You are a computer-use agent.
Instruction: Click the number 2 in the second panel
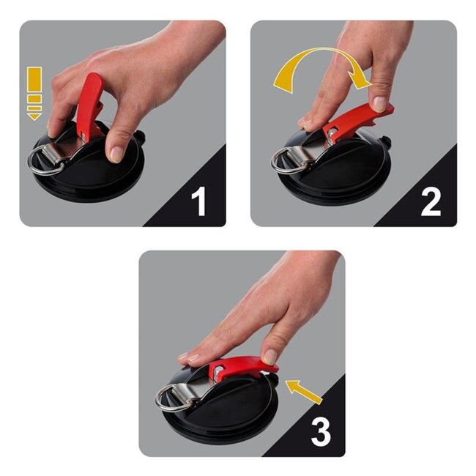431,201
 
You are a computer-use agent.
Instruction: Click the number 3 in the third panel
321,432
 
